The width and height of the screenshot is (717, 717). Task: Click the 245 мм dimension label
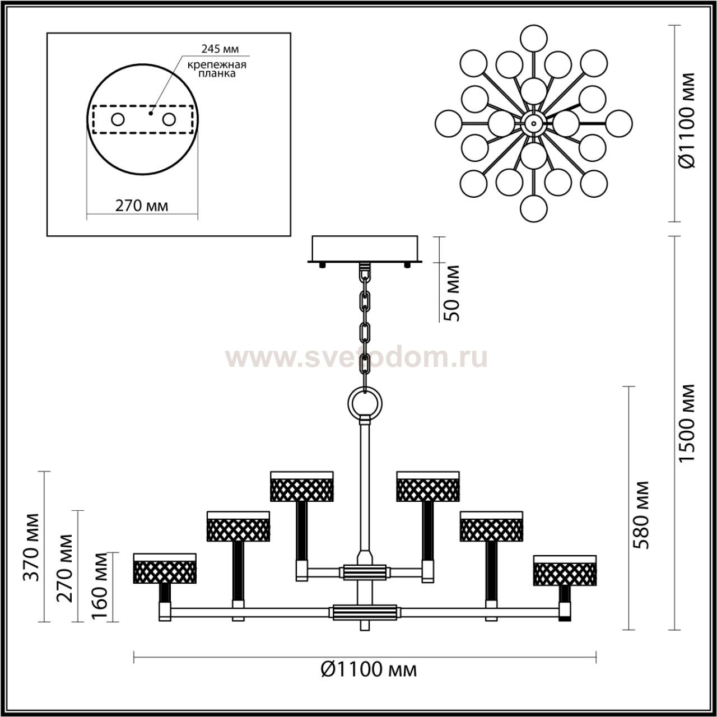pos(220,49)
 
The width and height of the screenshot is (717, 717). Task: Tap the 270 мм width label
pos(142,206)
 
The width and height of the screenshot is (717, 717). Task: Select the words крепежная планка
pos(217,69)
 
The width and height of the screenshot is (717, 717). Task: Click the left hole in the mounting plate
pos(118,120)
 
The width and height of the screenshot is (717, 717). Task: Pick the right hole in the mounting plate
pos(169,120)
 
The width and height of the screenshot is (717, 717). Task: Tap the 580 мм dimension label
pos(641,515)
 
